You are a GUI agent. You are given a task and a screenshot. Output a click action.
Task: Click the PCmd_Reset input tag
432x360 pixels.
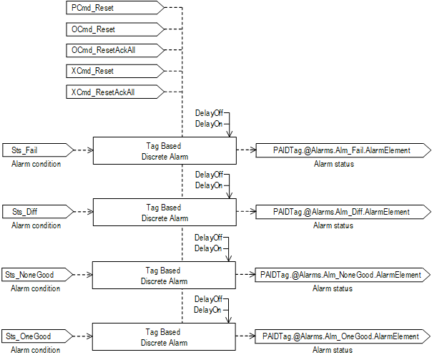[114, 8]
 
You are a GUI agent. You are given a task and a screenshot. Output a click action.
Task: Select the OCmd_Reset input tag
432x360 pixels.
[114, 29]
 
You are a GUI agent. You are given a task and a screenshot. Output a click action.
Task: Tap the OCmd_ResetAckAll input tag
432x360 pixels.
[114, 50]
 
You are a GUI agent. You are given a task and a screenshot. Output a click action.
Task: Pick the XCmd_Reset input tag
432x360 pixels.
[114, 72]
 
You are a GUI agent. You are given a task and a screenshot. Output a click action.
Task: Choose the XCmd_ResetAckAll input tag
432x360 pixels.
[114, 92]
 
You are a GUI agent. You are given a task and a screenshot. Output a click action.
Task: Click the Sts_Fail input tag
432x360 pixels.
[36, 150]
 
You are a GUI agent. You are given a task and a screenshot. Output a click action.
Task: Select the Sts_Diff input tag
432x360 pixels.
[36, 212]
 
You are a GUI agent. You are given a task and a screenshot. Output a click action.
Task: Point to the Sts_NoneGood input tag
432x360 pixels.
[36, 274]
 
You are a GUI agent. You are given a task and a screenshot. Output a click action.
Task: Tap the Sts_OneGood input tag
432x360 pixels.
[36, 336]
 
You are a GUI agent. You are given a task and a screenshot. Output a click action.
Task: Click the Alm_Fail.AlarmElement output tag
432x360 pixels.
[343, 150]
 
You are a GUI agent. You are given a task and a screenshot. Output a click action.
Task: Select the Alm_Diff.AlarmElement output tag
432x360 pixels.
[343, 212]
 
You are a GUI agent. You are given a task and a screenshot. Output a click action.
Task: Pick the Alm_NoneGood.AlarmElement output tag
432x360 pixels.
[343, 274]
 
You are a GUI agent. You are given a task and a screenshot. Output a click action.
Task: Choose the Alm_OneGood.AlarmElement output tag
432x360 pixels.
[343, 336]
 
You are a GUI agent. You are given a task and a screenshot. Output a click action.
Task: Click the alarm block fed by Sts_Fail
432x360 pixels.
[165, 150]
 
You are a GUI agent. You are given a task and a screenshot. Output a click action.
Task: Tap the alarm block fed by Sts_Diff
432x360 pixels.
[165, 212]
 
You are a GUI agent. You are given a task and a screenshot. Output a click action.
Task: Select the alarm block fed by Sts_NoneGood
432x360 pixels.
[165, 274]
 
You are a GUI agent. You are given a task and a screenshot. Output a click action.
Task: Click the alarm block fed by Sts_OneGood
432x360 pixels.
[165, 336]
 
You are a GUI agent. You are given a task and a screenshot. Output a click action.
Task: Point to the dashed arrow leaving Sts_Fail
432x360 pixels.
[84, 150]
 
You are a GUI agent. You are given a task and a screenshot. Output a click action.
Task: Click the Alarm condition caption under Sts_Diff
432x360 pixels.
[36, 225]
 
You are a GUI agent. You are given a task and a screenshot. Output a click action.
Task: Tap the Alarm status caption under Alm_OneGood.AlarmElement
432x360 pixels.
[333, 350]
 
